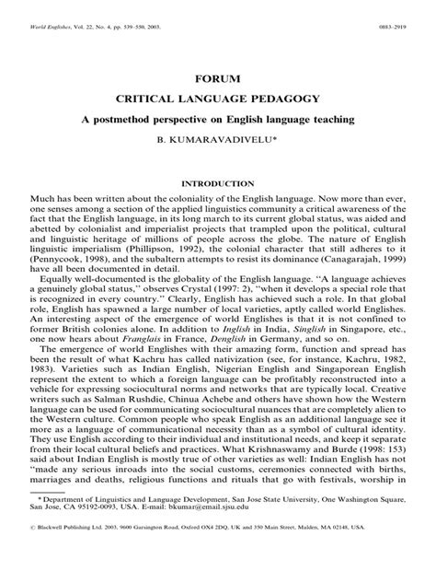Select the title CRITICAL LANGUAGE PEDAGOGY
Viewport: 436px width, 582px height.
click(218, 99)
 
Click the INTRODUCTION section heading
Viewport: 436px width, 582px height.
click(218, 184)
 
